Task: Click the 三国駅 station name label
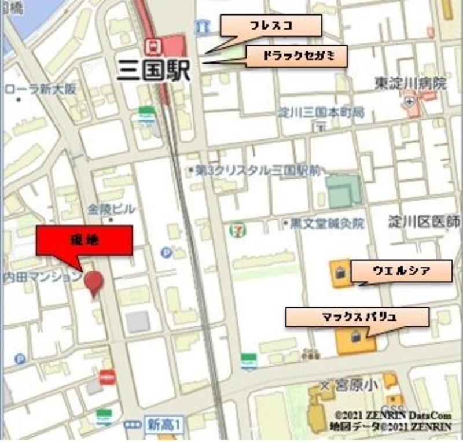click(153, 69)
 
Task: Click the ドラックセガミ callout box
click(297, 57)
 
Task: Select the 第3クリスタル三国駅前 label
click(258, 171)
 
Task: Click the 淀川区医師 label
click(425, 222)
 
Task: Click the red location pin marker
click(94, 282)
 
